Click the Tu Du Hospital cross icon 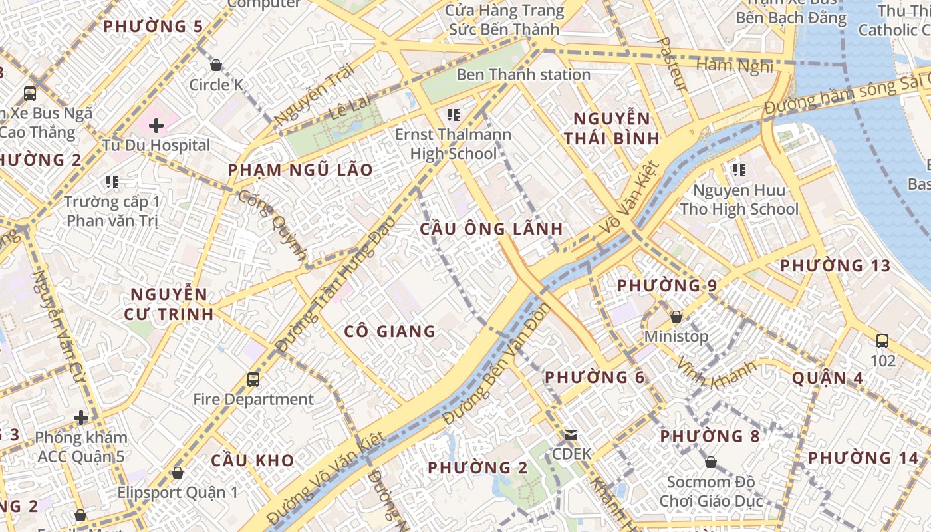click(156, 125)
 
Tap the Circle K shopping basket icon click(215, 65)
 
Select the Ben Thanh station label click(523, 75)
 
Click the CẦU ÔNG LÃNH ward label click(491, 229)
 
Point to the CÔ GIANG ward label click(390, 331)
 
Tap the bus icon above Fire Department click(253, 380)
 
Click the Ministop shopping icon click(676, 317)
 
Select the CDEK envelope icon click(571, 435)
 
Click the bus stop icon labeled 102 click(882, 341)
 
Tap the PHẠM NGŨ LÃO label click(301, 170)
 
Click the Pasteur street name click(672, 63)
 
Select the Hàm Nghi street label click(734, 65)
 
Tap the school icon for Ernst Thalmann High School click(454, 115)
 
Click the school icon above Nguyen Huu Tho click(739, 170)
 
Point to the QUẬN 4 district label click(828, 378)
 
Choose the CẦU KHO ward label click(253, 460)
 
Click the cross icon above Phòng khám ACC click(81, 418)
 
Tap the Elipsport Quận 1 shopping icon click(177, 473)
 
